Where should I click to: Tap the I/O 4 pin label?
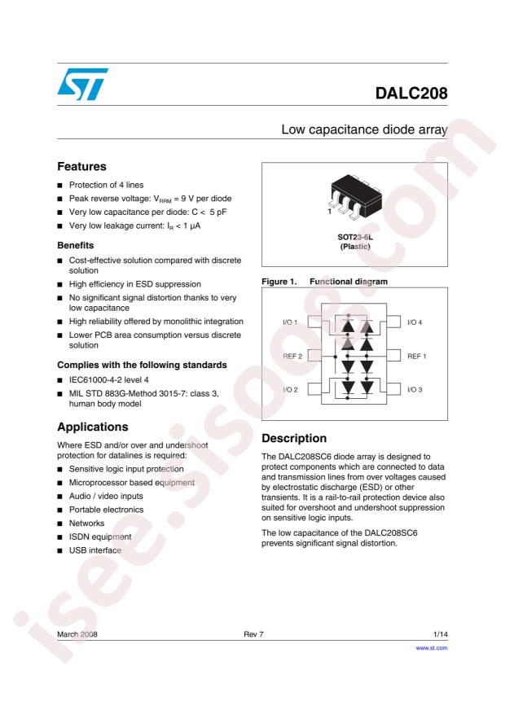pos(413,322)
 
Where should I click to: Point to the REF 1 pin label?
pos(415,356)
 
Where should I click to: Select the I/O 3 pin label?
pos(413,390)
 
